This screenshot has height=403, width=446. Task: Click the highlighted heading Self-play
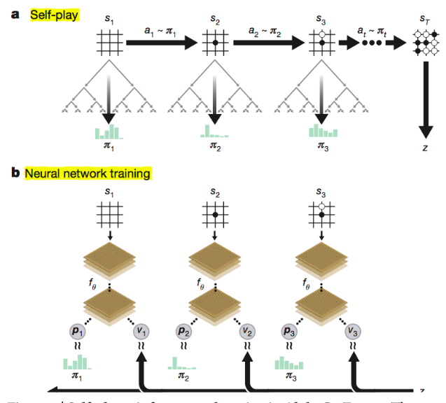click(x=55, y=15)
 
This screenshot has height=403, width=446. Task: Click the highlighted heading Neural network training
click(x=88, y=174)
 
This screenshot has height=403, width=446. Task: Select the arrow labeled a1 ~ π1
click(x=160, y=44)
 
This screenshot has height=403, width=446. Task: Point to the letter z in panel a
click(x=424, y=148)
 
